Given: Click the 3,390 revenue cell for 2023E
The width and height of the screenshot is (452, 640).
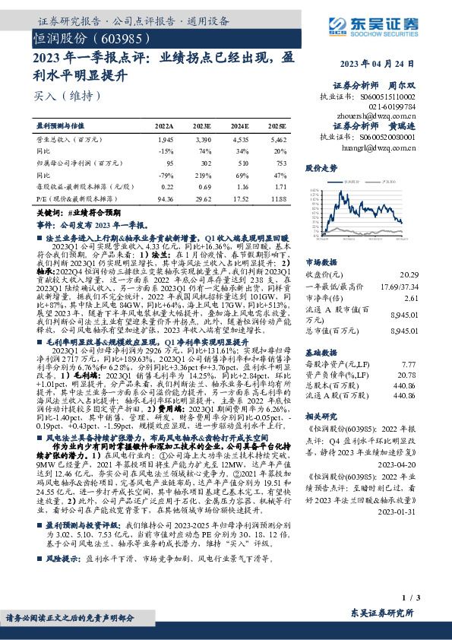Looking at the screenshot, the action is click(x=201, y=141).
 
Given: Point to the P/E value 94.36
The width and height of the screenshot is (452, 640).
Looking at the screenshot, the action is click(x=164, y=198).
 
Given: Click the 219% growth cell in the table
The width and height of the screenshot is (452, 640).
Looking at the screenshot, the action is click(x=201, y=174).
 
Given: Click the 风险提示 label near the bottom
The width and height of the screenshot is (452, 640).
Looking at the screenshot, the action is click(x=64, y=557).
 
